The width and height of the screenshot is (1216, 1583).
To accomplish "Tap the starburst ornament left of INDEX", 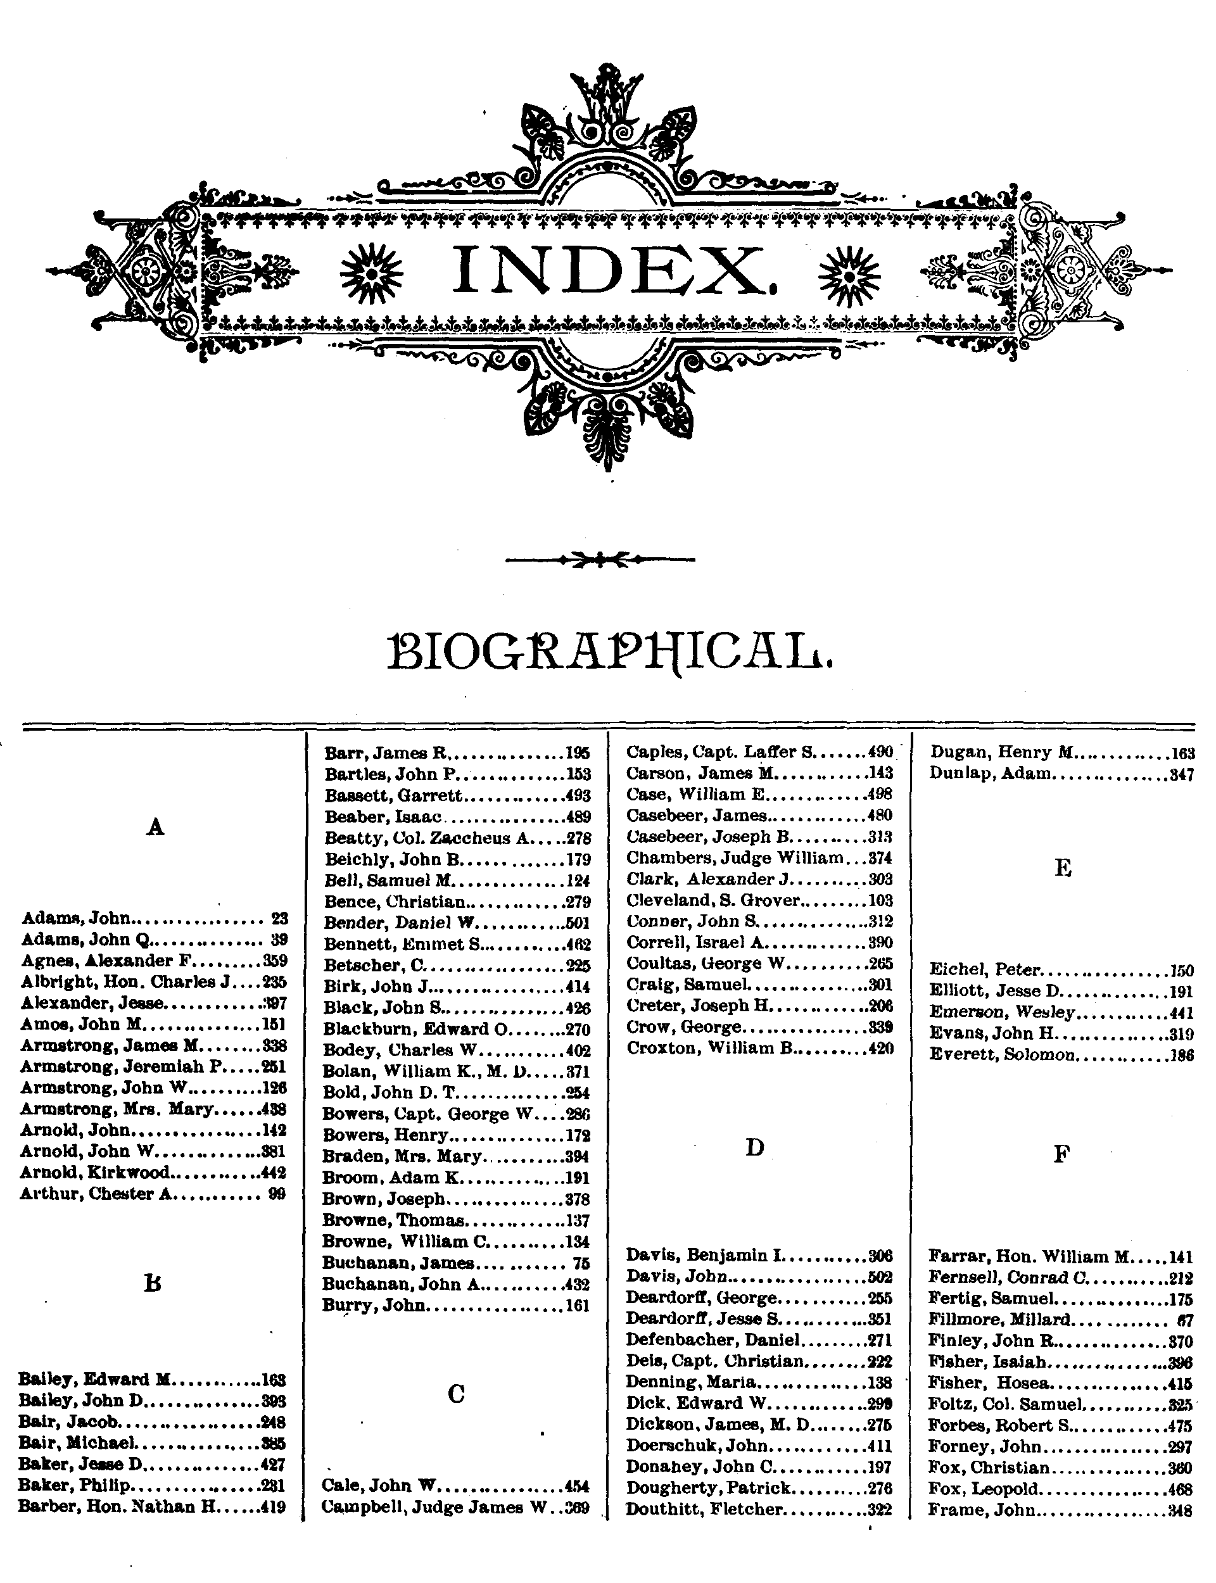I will (x=371, y=271).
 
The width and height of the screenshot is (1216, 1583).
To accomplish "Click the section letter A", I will (x=155, y=827).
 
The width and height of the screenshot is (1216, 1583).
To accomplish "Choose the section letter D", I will (x=754, y=1147).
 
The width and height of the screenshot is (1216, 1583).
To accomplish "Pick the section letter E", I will (x=1062, y=867).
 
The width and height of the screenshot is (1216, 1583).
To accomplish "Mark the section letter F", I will (x=1061, y=1154).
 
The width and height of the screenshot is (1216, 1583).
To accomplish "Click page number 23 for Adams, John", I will (x=279, y=919).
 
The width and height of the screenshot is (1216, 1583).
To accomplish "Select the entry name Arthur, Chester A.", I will (x=96, y=1194).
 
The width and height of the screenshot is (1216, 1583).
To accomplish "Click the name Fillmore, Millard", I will (x=999, y=1320).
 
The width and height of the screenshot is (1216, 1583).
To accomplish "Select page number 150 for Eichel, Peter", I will (x=1182, y=971).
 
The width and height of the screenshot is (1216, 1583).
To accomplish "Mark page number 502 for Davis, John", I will (x=880, y=1277).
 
